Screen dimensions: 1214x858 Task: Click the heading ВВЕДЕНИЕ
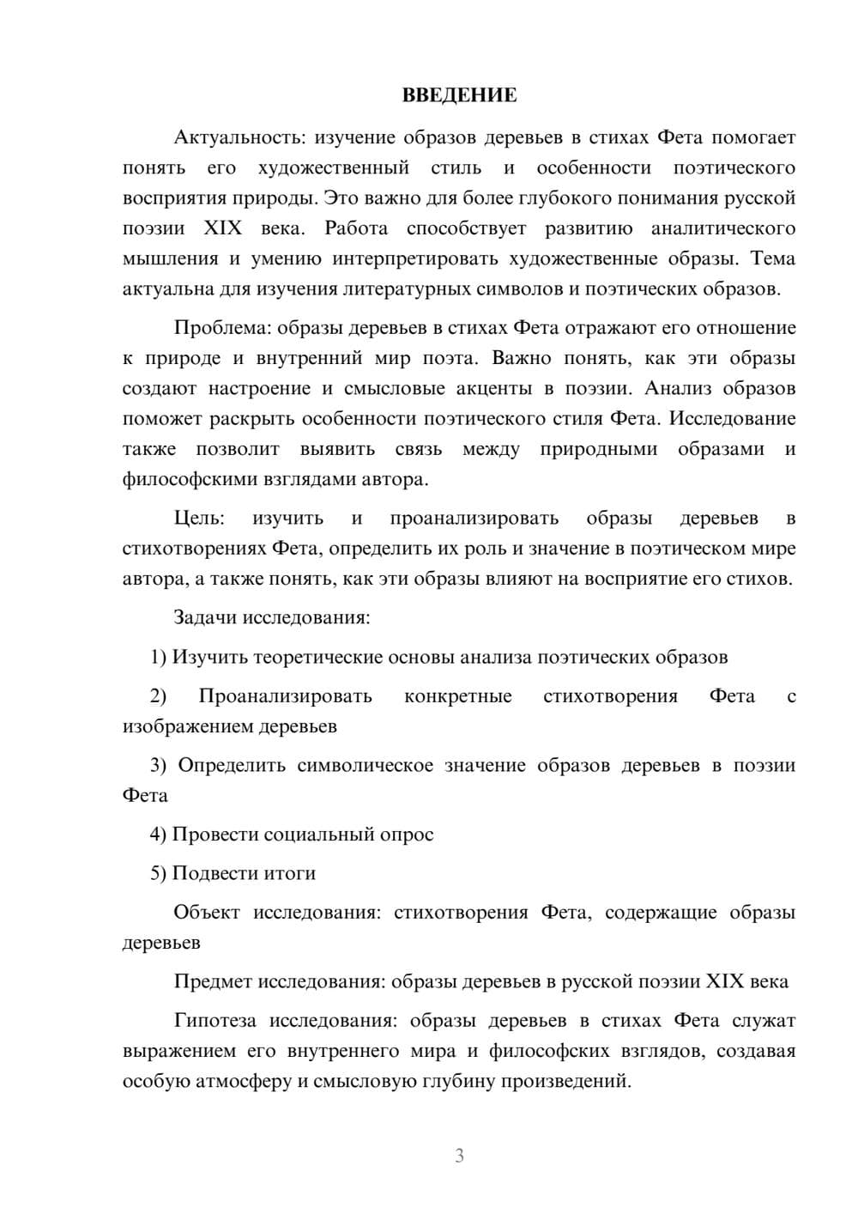pyautogui.click(x=459, y=95)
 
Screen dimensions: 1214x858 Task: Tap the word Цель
pyautogui.click(x=198, y=519)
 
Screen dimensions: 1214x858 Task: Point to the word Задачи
pyautogui.click(x=206, y=617)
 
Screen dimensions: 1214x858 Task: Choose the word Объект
pyautogui.click(x=207, y=913)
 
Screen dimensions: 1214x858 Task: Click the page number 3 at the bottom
pyautogui.click(x=459, y=1156)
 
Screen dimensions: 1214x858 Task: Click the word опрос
pyautogui.click(x=407, y=835)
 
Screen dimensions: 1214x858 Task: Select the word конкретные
pyautogui.click(x=457, y=696)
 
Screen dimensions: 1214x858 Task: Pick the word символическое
pyautogui.click(x=365, y=766)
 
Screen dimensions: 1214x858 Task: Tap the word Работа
pyautogui.click(x=356, y=229)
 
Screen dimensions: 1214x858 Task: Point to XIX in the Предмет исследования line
pyautogui.click(x=724, y=981)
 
